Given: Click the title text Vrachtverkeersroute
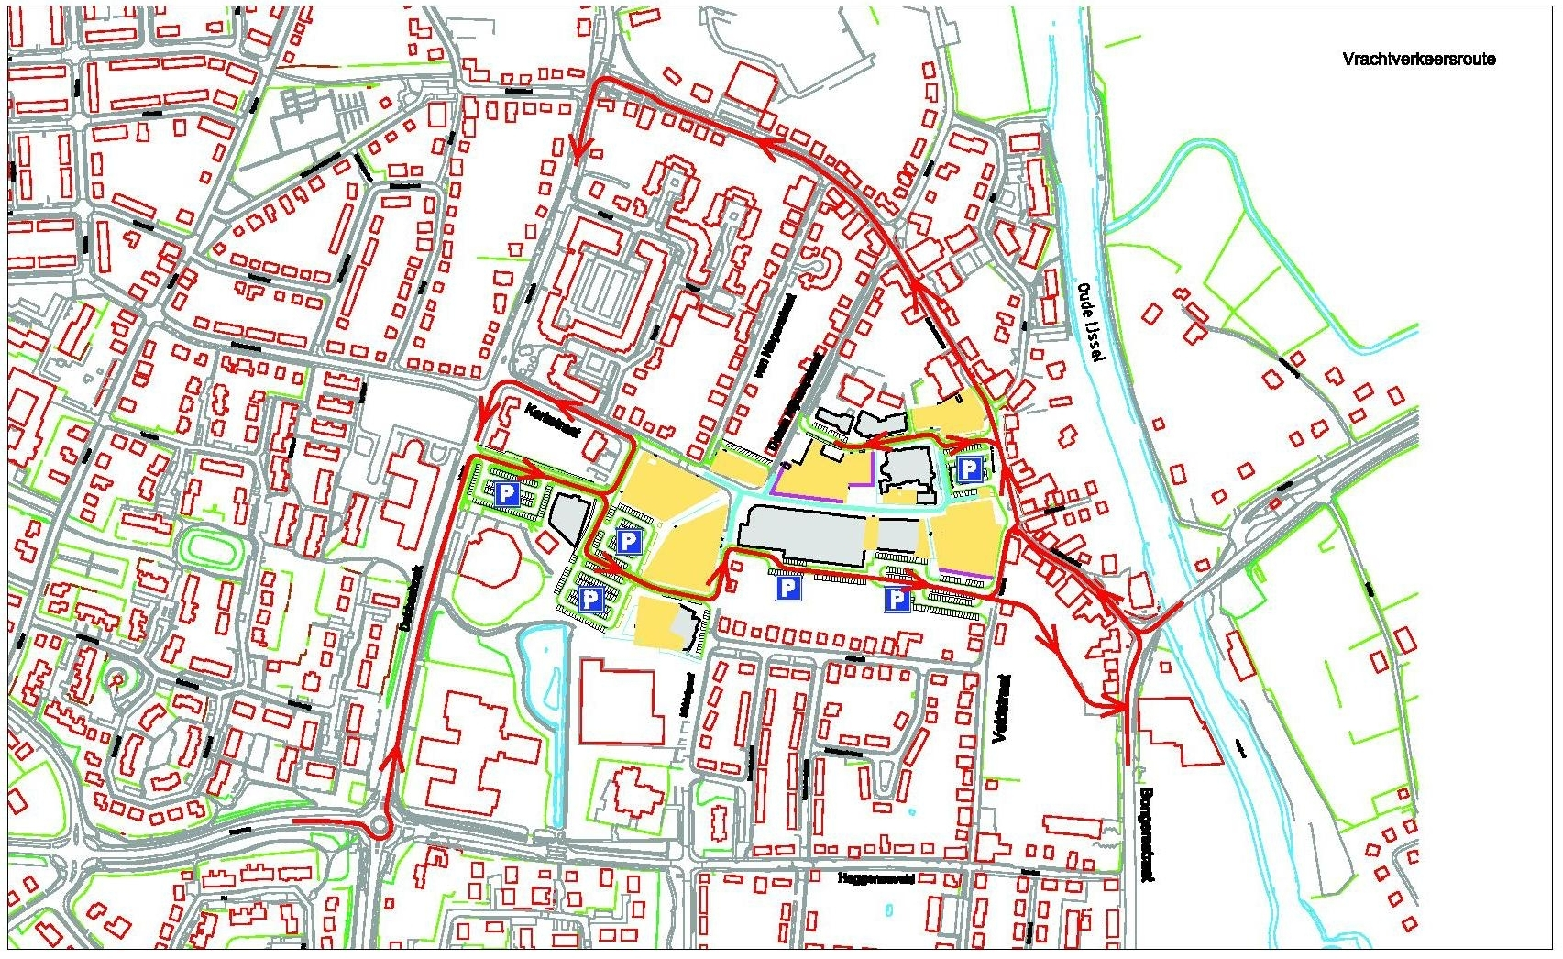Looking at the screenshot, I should (1418, 60).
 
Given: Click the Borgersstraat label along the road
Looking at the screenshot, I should (1146, 833).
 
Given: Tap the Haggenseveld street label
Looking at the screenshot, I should (876, 878).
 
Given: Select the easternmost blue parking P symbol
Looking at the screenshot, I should (969, 470).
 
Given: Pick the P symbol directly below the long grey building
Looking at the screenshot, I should (787, 588).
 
